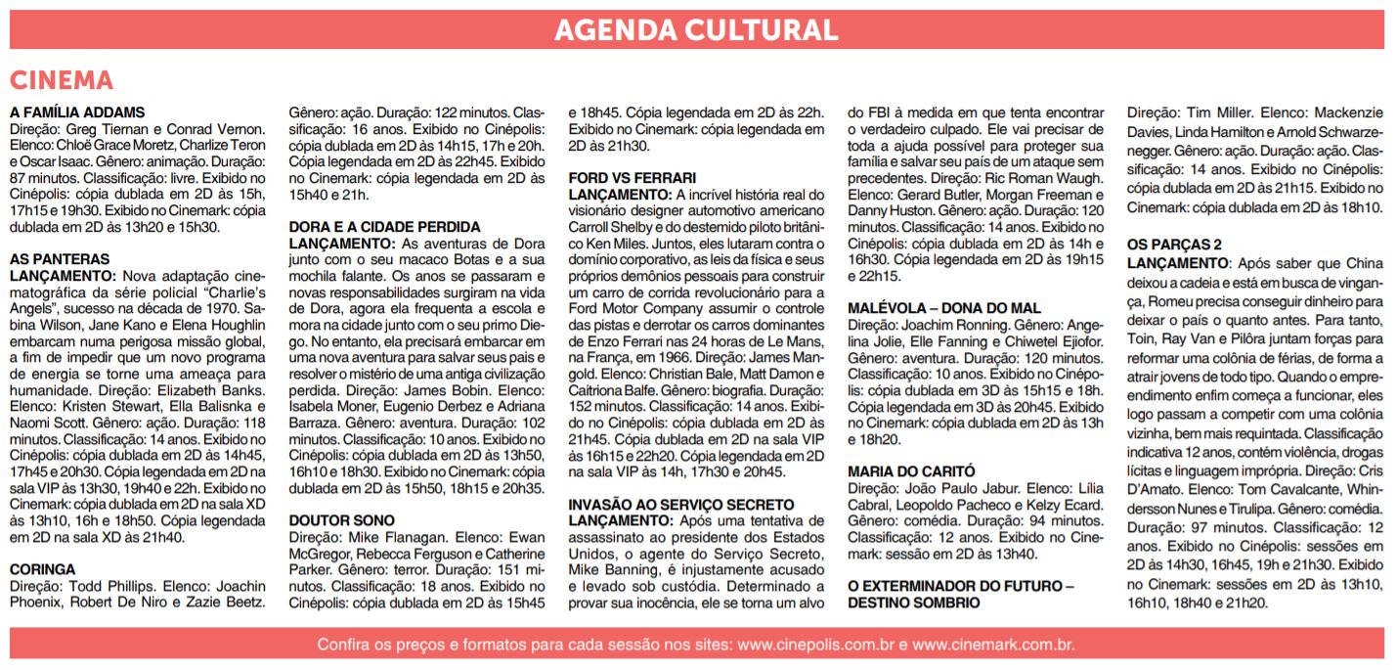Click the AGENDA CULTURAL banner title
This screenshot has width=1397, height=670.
(696, 29)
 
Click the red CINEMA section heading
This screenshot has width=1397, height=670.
(62, 80)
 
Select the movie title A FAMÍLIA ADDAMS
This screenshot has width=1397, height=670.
(77, 112)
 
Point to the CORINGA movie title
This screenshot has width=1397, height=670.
(42, 568)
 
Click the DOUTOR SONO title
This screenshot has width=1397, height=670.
(342, 520)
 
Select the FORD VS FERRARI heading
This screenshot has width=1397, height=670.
(633, 178)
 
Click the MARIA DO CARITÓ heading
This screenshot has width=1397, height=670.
(911, 471)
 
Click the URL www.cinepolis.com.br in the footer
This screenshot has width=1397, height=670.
(816, 646)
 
